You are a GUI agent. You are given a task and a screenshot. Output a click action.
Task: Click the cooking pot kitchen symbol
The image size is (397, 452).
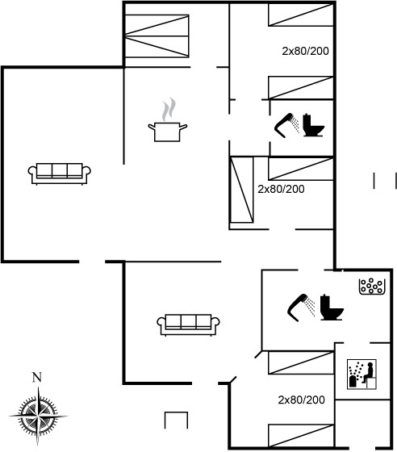point(167,132)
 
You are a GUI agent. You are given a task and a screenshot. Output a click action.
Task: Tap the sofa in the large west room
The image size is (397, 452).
point(60,174)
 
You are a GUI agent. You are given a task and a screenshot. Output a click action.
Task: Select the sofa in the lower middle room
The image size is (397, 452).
point(189,324)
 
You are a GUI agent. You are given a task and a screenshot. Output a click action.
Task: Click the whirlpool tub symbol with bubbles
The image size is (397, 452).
point(372,287)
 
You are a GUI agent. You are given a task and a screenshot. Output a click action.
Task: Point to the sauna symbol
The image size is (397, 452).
point(361,375)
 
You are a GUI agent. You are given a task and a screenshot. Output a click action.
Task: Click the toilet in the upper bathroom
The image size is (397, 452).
point(313,125)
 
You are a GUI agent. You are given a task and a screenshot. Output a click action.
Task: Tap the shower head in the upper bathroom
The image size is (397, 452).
point(287,126)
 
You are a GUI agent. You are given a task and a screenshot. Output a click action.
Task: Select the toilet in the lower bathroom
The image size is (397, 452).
point(332,308)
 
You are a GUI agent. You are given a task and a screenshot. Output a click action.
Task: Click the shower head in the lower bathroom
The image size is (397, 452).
point(301,308)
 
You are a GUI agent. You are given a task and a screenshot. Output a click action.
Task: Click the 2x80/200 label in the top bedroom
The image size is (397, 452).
point(305,51)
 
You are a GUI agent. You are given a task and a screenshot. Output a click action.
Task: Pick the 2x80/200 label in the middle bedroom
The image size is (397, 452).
point(281,189)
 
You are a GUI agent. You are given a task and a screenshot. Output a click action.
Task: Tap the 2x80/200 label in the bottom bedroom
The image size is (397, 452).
point(301,400)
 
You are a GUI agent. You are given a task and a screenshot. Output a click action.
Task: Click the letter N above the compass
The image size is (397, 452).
point(36,378)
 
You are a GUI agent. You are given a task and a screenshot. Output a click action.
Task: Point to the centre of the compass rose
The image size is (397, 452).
point(38,416)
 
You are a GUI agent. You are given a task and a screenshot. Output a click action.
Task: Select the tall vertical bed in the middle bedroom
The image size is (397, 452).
point(241,190)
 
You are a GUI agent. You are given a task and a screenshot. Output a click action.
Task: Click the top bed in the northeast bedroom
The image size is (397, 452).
point(301,15)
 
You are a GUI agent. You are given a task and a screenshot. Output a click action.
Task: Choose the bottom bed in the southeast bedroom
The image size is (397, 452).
point(301,436)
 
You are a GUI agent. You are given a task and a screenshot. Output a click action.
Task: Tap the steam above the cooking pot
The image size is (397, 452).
point(169,109)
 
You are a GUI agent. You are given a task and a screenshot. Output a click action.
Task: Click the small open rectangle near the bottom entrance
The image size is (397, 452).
point(177,420)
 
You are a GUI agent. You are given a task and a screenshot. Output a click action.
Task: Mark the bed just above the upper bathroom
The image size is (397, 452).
point(301,88)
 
